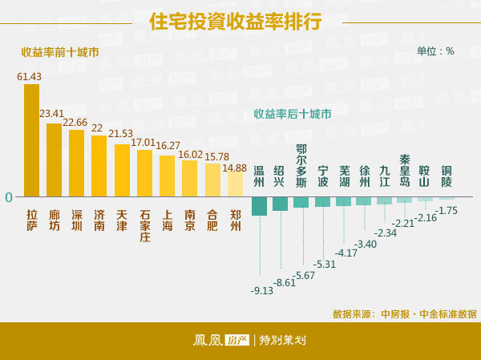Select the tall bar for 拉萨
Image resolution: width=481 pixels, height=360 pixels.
coord(31,140)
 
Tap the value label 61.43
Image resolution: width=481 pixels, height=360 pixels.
coord(30,76)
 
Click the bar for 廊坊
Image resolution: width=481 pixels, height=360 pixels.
coord(54,160)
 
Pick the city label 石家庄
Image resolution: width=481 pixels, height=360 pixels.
coord(145,225)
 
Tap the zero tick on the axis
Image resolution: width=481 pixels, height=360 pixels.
coord(9,196)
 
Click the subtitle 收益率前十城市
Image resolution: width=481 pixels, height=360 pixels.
coord(60,52)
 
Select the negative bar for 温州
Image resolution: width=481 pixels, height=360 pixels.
coord(259,206)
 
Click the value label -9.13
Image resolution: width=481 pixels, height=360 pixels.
coord(262,290)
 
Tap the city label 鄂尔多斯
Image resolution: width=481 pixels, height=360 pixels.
coord(301,164)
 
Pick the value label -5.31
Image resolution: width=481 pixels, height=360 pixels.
coord(325,264)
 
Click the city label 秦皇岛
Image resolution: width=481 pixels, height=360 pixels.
coord(406,170)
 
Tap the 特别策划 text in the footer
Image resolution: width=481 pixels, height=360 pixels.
coord(283,341)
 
